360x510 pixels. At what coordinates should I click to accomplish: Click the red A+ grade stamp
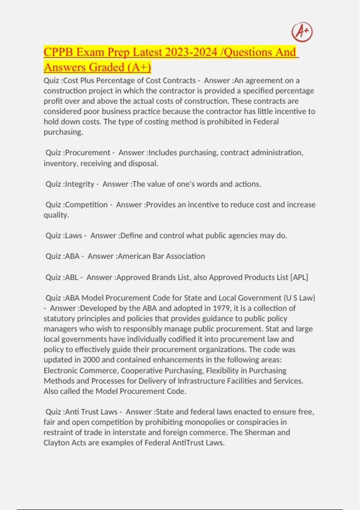(x=302, y=32)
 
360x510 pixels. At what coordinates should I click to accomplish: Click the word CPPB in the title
(x=58, y=52)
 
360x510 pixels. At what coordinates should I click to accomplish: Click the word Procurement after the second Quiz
(x=88, y=153)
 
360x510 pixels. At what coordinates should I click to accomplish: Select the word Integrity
(x=79, y=184)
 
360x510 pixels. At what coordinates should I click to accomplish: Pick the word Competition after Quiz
(x=86, y=205)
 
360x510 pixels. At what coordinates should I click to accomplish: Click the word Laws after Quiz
(x=73, y=235)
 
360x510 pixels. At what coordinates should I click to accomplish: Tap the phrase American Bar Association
(x=161, y=256)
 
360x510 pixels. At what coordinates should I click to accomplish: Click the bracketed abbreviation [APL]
(x=299, y=277)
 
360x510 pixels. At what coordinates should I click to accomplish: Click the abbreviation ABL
(x=71, y=277)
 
